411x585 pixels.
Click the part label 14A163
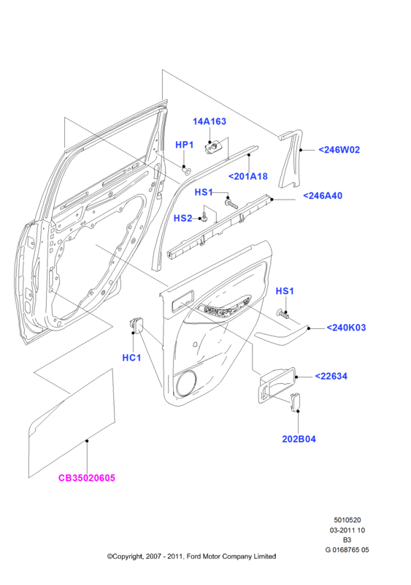(210, 121)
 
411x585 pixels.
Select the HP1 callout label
(185, 145)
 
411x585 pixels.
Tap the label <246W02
(339, 150)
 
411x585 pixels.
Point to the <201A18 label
(247, 176)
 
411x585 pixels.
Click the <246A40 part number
(323, 195)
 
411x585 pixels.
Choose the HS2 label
(183, 218)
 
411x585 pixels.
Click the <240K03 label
(346, 328)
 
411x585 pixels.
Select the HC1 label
(131, 358)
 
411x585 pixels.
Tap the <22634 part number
(331, 376)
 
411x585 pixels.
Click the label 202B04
(299, 439)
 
